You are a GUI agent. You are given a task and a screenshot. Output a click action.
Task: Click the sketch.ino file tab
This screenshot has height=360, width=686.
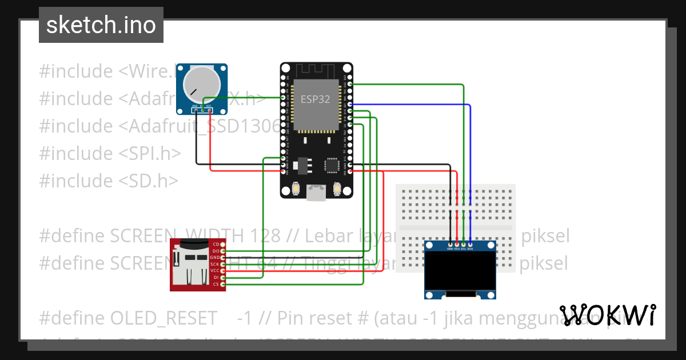101,25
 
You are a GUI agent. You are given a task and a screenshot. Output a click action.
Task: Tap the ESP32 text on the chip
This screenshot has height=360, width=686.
316,99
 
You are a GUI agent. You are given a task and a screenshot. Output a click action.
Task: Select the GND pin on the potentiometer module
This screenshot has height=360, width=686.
196,110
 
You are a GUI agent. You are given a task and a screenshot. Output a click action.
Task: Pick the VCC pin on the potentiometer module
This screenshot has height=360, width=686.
209,110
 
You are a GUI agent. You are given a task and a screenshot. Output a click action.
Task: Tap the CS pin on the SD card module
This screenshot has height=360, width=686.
223,284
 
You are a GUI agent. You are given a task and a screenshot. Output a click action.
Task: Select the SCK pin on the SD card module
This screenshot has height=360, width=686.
223,264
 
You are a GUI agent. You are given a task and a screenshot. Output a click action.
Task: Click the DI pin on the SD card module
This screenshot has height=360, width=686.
223,277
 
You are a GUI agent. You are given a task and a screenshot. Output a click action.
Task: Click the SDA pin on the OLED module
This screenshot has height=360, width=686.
470,245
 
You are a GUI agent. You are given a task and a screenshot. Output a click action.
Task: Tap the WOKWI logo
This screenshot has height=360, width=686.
607,315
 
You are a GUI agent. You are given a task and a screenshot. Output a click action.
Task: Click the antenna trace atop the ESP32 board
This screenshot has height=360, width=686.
316,71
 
